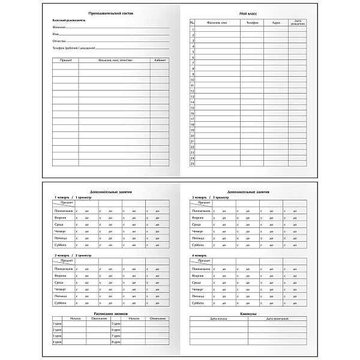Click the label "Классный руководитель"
coord(69,20)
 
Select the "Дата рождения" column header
coord(298,23)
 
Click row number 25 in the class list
coord(193,163)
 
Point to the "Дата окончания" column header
coord(280,319)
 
